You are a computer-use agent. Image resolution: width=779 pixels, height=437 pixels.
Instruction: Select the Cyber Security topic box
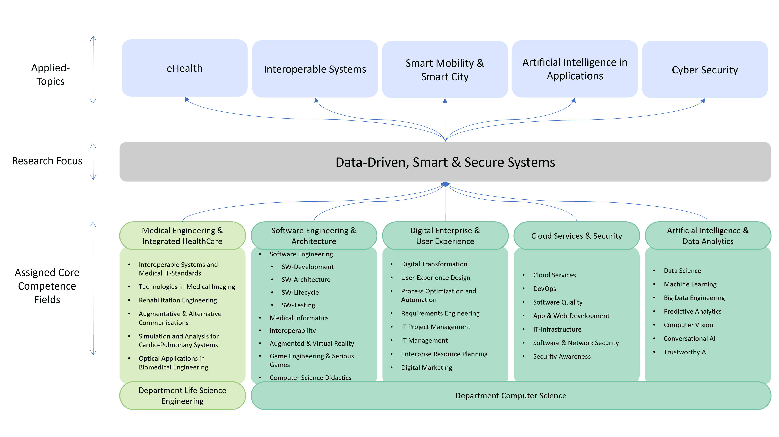coord(705,70)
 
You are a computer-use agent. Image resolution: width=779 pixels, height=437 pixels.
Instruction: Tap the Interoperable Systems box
coord(315,69)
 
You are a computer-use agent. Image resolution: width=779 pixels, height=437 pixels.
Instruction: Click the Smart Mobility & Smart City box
coord(445,70)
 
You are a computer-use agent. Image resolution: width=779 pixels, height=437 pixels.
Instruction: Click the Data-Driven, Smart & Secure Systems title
coord(445,162)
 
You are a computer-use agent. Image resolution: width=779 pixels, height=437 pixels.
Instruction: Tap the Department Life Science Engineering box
coord(182,396)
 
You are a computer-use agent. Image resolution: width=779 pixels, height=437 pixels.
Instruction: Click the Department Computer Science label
coord(511,396)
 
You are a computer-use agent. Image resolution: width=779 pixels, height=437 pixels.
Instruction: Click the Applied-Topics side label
coord(51,74)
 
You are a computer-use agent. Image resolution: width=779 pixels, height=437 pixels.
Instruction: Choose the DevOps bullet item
coord(544,288)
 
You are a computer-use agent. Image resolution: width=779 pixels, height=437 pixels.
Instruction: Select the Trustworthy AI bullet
coord(685,352)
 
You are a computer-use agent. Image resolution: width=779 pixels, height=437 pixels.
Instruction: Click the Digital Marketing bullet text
coord(426,367)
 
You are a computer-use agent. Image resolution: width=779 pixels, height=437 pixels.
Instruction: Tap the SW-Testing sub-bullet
coord(298,305)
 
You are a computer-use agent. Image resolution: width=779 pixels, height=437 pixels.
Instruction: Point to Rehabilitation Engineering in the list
coord(178,300)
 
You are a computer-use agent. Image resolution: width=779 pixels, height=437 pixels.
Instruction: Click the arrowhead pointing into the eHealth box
coord(187,99)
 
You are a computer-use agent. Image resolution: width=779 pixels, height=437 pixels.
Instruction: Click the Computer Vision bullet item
coord(688,325)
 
